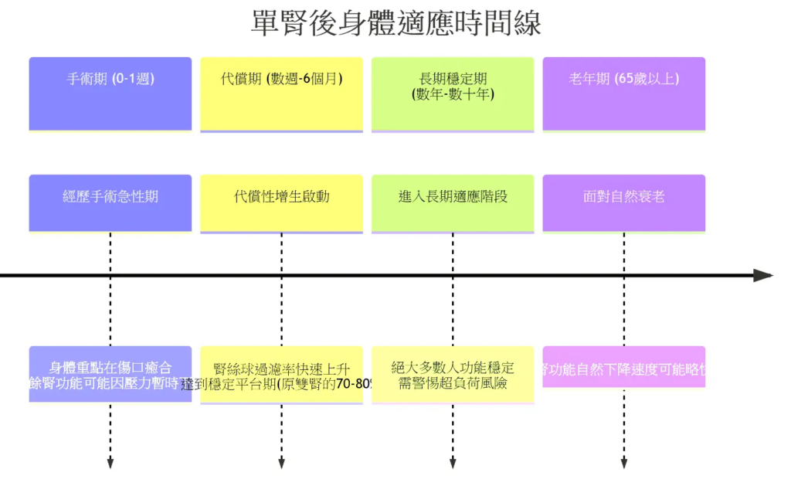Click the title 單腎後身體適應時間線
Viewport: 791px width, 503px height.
[395, 22]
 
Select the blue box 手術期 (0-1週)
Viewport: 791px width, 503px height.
[110, 93]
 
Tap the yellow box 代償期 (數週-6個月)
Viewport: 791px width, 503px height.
[281, 93]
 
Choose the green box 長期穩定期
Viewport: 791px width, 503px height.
[453, 93]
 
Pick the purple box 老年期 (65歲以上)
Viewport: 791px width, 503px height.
[624, 93]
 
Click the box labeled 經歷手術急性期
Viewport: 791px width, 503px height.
[110, 202]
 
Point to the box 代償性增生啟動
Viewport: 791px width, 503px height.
[281, 202]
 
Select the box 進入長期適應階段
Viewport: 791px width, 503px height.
[453, 202]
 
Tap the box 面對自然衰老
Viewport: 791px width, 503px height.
[624, 202]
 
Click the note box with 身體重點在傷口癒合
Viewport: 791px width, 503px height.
[110, 374]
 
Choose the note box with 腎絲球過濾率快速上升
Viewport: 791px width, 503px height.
[281, 375]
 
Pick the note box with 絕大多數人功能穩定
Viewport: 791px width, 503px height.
[453, 375]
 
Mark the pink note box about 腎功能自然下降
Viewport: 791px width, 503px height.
[624, 367]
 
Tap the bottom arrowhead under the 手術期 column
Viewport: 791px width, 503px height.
[110, 464]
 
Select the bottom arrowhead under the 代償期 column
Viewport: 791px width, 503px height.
[281, 464]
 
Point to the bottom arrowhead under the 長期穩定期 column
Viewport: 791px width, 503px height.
[453, 464]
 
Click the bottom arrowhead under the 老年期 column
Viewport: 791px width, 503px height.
[624, 464]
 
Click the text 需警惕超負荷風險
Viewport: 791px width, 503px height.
[453, 383]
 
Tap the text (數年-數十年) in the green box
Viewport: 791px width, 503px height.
[453, 94]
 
